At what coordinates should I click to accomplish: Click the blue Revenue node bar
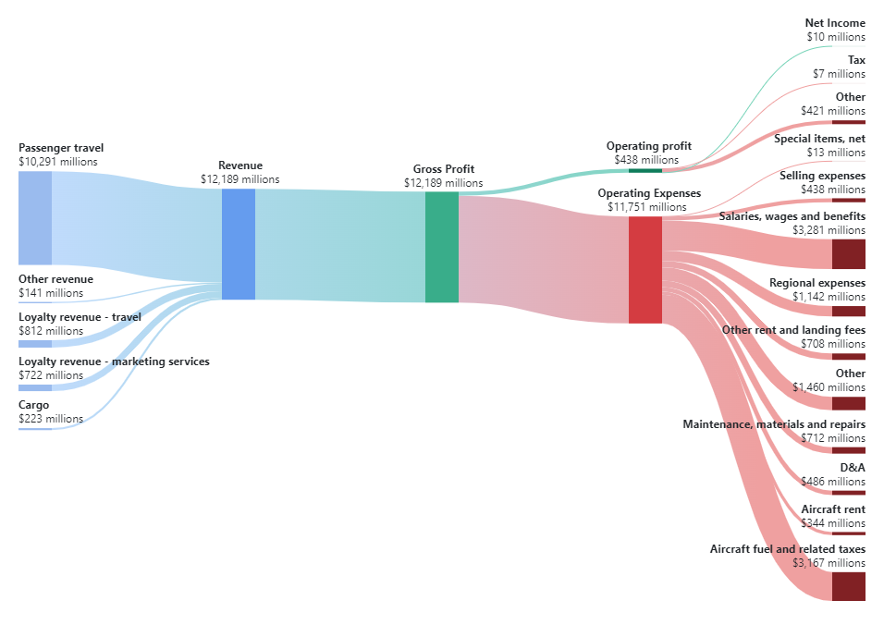238,244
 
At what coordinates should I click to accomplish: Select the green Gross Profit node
441,247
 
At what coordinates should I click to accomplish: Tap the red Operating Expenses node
645,270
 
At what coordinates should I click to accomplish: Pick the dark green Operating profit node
645,170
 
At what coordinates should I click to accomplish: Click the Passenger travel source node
34,218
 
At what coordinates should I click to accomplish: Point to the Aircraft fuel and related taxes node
848,586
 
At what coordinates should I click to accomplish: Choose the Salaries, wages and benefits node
848,253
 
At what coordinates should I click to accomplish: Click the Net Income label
835,23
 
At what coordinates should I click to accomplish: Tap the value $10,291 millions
57,162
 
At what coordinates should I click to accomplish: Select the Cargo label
34,405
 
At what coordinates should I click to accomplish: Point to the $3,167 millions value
829,562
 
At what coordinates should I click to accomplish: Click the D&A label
853,467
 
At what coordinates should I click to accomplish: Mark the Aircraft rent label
833,509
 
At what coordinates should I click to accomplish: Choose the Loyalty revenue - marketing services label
114,362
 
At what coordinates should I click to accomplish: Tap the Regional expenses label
817,283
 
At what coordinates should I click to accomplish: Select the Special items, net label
819,139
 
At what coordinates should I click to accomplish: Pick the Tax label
856,60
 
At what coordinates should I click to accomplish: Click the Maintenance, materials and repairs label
774,424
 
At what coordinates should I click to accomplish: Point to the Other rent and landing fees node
848,356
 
